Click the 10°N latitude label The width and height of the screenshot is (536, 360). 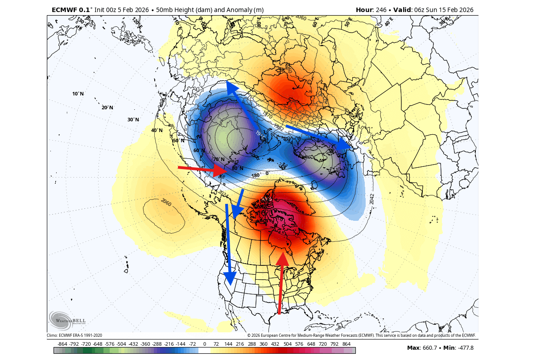(78, 94)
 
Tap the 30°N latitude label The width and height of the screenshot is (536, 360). (133, 120)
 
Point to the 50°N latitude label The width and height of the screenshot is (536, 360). (178, 141)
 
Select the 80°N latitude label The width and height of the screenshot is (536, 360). (237, 168)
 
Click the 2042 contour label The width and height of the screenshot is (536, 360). (372, 199)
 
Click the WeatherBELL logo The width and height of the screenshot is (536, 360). (68, 320)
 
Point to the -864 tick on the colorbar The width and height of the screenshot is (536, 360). (62, 344)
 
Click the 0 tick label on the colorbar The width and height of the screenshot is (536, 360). (204, 344)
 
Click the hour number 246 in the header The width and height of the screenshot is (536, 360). (379, 10)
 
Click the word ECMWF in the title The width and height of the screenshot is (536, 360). (64, 10)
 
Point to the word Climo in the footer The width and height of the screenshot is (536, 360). (52, 335)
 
